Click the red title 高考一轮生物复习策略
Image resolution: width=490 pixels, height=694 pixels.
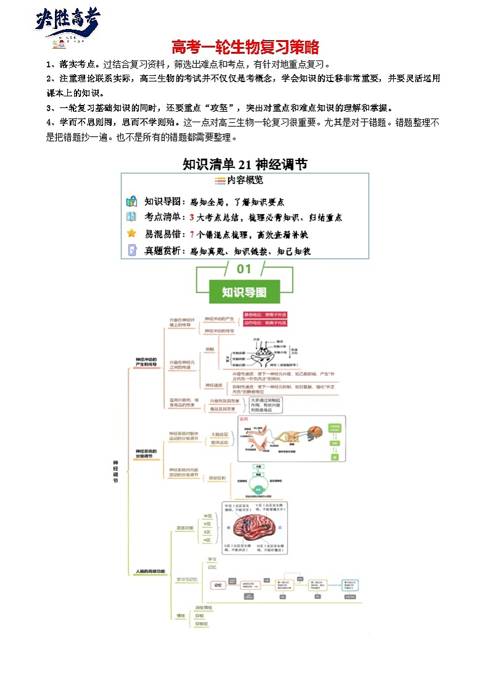coord(244,47)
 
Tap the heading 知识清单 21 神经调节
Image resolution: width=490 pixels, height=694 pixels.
coord(245,164)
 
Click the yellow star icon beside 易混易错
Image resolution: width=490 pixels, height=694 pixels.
coord(131,233)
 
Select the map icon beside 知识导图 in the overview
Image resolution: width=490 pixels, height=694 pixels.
coord(131,201)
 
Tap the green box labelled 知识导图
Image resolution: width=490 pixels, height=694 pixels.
coord(244,291)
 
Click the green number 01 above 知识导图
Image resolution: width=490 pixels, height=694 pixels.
coord(244,269)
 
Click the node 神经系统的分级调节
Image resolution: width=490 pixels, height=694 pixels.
coord(146,454)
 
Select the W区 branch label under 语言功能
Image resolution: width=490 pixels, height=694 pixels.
coord(207,516)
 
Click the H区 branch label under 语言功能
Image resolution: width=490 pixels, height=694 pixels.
coord(207,540)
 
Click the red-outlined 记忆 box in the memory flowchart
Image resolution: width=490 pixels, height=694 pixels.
coord(217,585)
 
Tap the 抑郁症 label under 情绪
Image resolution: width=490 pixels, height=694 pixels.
coord(202,624)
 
